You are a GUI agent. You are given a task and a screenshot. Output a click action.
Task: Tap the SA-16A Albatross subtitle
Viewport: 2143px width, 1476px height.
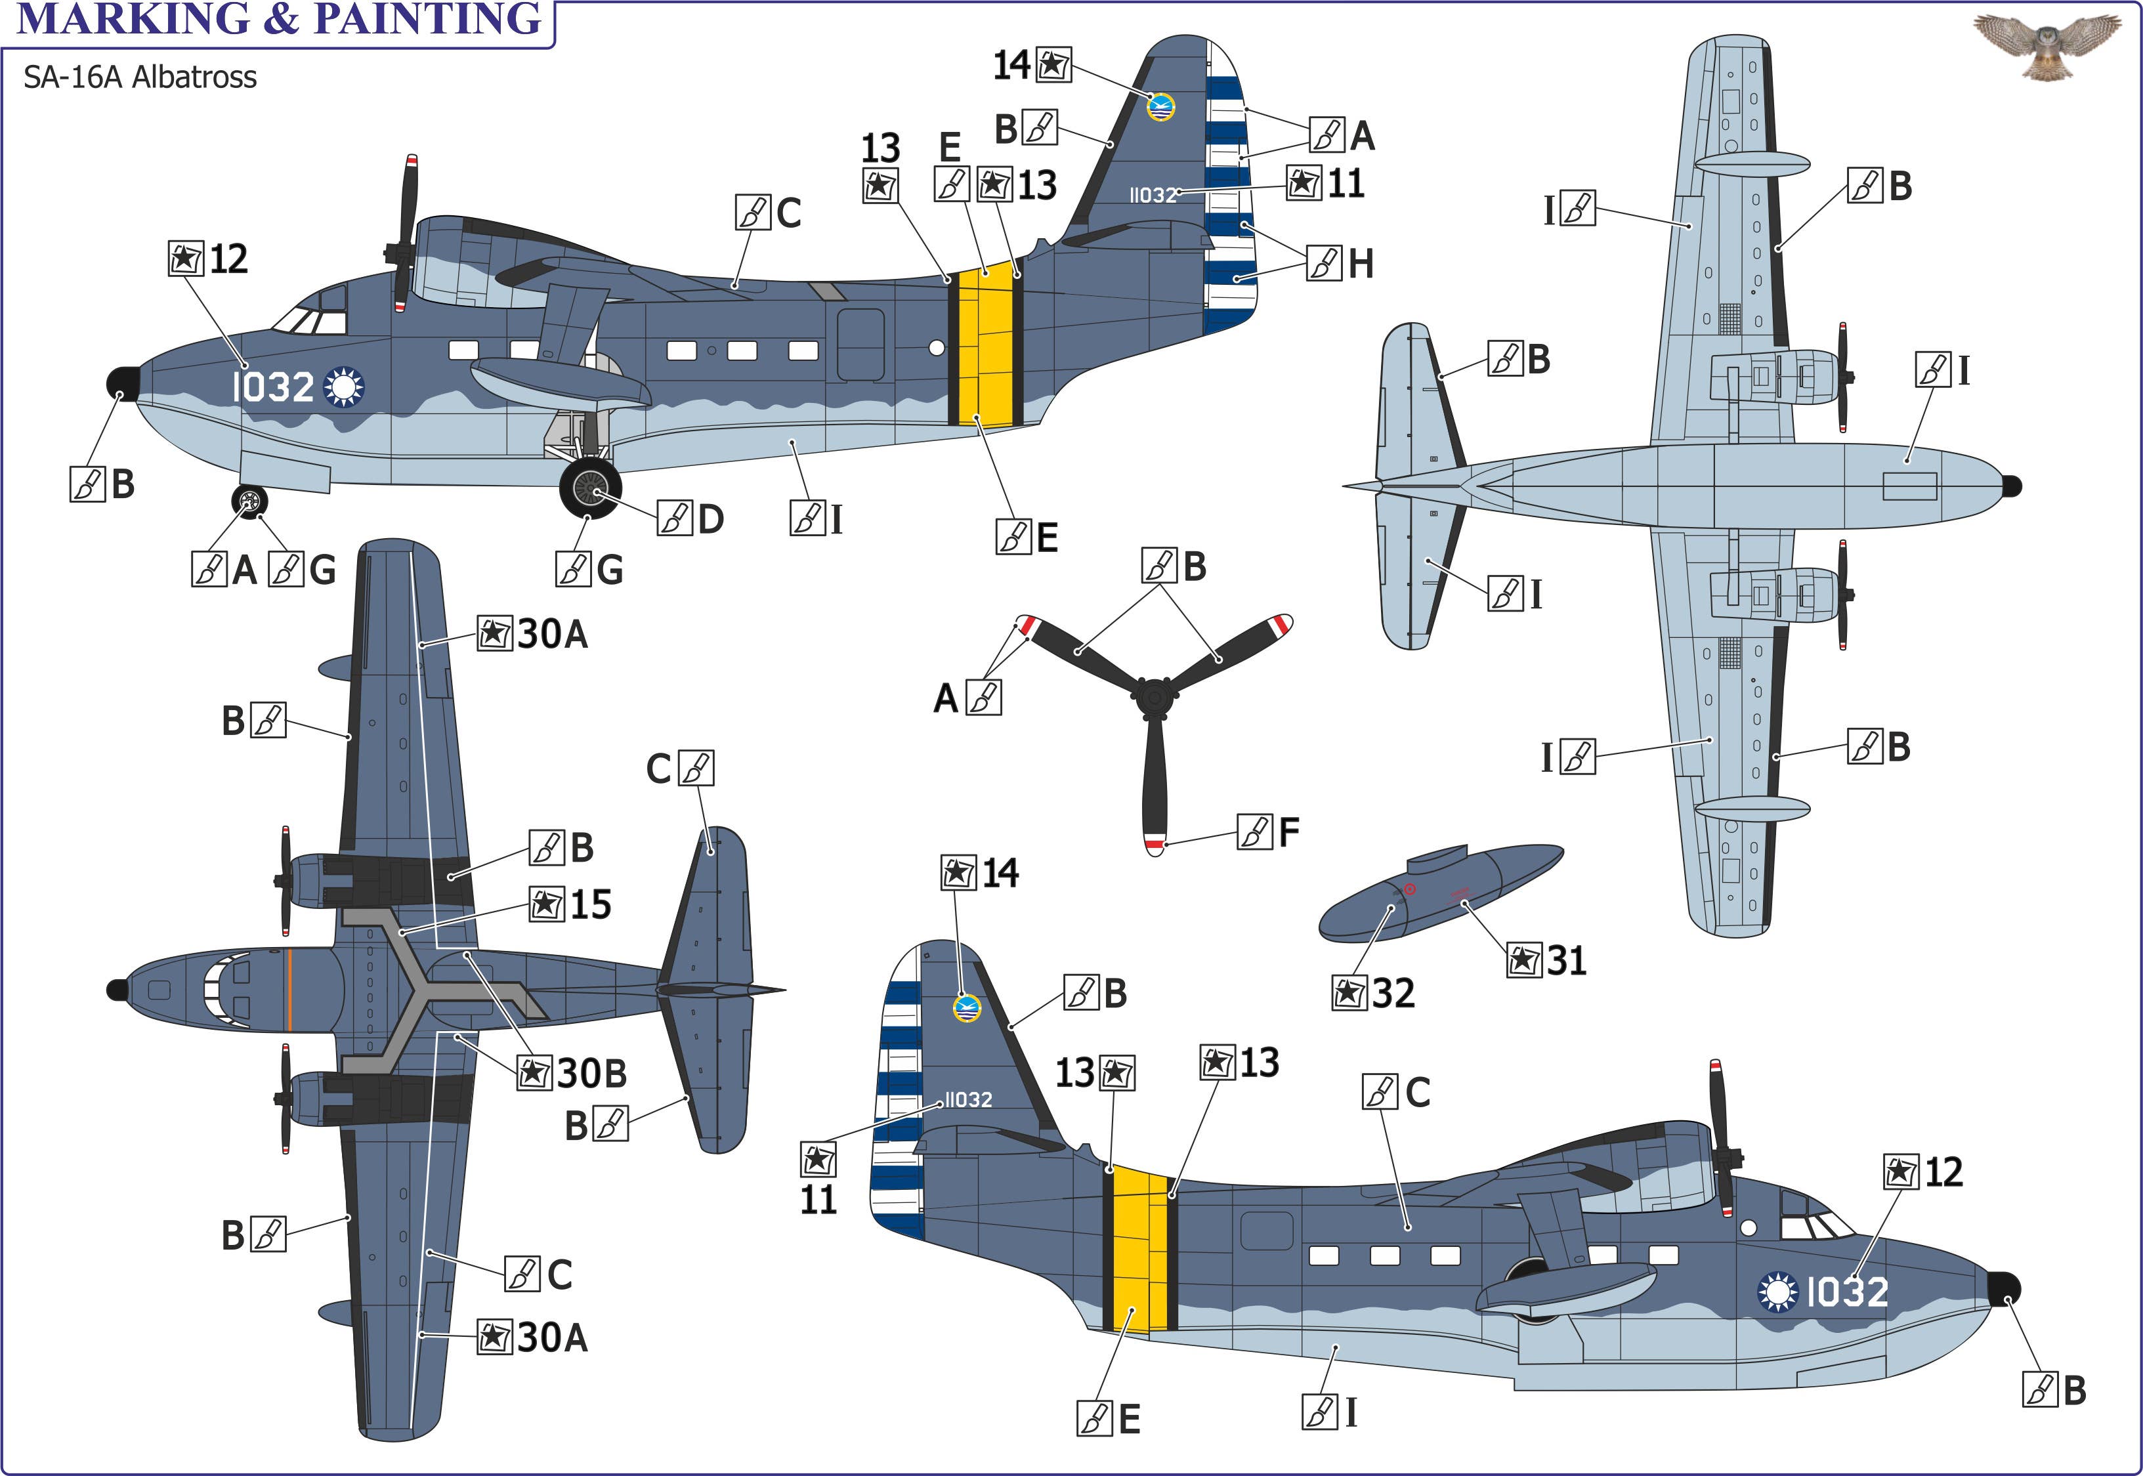[x=140, y=77]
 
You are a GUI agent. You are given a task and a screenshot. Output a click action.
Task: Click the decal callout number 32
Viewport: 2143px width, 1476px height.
[x=1392, y=993]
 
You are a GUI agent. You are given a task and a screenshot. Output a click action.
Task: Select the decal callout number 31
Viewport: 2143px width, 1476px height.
[x=1566, y=960]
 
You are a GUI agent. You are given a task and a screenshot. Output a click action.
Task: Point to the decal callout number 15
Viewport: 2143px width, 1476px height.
[x=590, y=904]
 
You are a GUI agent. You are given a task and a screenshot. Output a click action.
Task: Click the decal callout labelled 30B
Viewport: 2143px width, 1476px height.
[x=591, y=1074]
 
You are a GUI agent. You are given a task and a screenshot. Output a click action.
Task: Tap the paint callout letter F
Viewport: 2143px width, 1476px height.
[x=1288, y=832]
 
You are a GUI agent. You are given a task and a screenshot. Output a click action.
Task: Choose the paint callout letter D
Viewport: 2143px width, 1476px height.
[x=710, y=519]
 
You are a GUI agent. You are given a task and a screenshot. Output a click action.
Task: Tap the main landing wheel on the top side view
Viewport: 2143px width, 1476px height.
[x=590, y=488]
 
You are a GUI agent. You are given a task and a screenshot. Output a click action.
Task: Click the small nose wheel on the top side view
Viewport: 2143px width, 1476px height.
[x=249, y=501]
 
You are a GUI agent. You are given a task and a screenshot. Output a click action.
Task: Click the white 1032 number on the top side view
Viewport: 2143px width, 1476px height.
[x=273, y=387]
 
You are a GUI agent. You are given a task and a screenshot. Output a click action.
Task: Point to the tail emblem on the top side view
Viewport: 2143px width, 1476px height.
[x=1160, y=106]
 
